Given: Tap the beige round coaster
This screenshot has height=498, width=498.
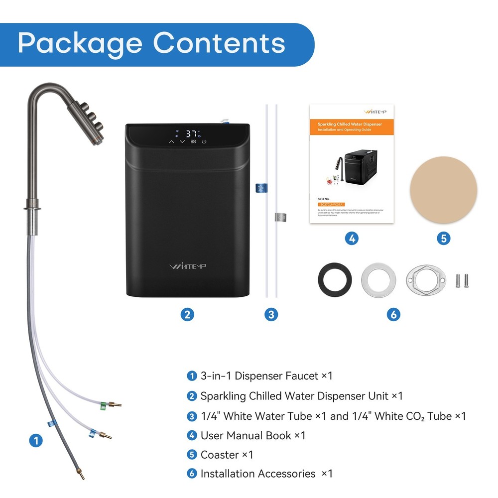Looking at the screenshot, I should (443, 190).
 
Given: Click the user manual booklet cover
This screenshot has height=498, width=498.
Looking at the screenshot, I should (352, 164).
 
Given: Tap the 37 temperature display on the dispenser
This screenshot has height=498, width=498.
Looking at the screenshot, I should (192, 133).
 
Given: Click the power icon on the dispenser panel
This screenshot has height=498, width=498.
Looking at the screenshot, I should (204, 142).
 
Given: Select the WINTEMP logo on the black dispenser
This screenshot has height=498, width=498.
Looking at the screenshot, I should (187, 266).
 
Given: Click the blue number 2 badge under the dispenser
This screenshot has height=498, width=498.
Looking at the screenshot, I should (187, 314).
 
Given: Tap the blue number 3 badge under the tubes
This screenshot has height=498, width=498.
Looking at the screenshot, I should (271, 314).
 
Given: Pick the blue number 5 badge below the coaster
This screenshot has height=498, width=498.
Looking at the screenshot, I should (443, 239).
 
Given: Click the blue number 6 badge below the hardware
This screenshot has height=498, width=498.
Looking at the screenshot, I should (393, 314).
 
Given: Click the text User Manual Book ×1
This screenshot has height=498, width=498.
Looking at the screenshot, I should (253, 435).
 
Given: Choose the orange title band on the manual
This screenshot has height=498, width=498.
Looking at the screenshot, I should (352, 126).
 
